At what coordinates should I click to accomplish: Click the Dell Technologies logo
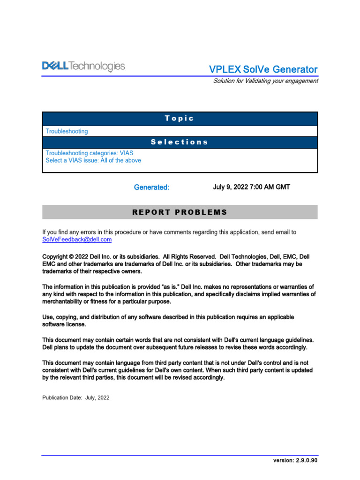tap(84, 67)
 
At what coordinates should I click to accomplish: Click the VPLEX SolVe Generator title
tap(263, 69)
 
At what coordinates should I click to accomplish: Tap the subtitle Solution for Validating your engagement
tap(265, 81)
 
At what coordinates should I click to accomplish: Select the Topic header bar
tap(180, 119)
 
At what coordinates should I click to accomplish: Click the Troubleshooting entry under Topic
tap(67, 131)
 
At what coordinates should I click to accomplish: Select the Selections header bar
tap(180, 142)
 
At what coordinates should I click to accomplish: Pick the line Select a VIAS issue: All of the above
tap(93, 160)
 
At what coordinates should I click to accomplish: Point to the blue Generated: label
tap(151, 187)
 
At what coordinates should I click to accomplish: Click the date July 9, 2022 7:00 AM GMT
tap(251, 187)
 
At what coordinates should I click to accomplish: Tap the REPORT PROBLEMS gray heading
tap(180, 212)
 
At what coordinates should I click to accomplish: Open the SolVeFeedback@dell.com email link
tap(77, 240)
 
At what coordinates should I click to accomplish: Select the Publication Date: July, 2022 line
tap(76, 397)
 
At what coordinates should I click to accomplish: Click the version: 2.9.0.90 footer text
tap(295, 460)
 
